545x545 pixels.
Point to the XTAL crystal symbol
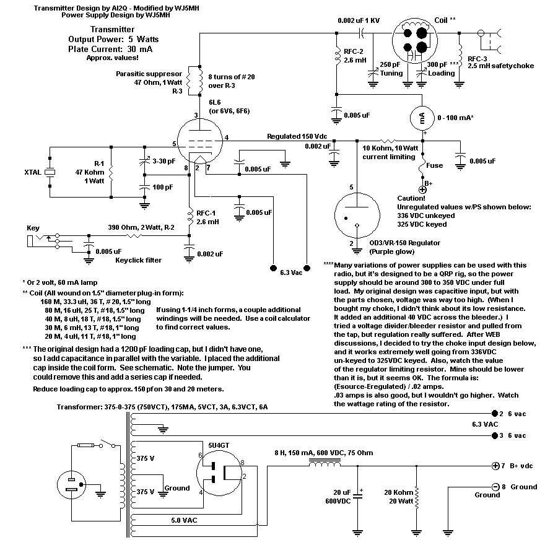tap(50, 172)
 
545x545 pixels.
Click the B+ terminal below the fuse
tap(422, 190)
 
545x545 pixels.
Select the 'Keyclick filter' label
tap(138, 260)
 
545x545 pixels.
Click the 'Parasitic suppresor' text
tap(149, 74)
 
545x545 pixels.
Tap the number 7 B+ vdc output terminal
tap(495, 466)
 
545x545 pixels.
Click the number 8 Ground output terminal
tap(495, 487)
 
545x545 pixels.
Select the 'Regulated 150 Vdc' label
tap(297, 136)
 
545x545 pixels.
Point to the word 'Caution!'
tap(411, 198)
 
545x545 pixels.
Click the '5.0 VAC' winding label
tap(184, 520)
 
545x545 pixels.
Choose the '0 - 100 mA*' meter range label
tap(455, 118)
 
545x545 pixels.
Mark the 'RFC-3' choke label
tap(477, 59)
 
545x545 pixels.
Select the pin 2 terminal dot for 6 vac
tap(495, 413)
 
